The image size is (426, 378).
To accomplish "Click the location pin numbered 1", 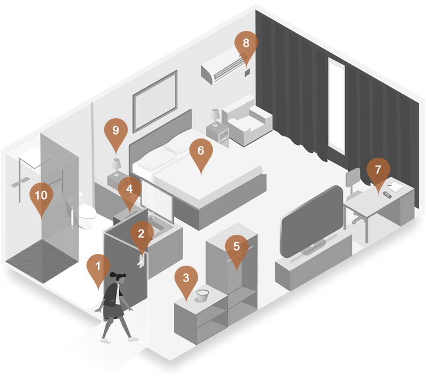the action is (x=99, y=267).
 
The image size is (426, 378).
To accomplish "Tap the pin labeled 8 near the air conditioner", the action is (x=246, y=44).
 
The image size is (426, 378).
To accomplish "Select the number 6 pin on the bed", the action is (x=201, y=152).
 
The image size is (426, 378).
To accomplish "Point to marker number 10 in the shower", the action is (x=42, y=196).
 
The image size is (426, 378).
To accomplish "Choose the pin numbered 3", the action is (x=186, y=279).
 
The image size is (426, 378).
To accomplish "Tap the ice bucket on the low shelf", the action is (x=202, y=295).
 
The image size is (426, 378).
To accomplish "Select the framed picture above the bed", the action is (x=155, y=101).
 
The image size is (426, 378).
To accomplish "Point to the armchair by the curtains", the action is (x=247, y=121).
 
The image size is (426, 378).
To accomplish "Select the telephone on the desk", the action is (x=387, y=195).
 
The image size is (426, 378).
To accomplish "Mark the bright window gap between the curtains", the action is (x=337, y=106).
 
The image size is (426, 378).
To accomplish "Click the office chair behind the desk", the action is (x=354, y=190).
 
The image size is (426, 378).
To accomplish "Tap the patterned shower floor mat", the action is (x=41, y=261).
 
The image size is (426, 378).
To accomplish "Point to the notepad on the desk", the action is (x=395, y=187).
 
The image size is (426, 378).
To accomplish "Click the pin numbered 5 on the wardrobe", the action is (x=236, y=248).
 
